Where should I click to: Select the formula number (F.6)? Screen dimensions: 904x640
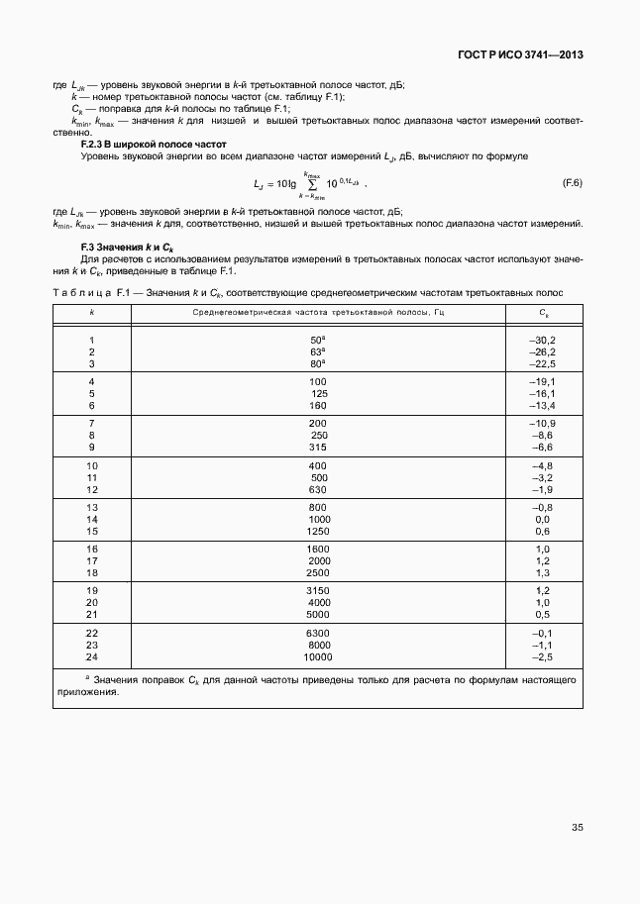coord(572,183)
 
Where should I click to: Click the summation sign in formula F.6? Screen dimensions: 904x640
coord(312,184)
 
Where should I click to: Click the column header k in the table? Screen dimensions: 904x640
coord(92,312)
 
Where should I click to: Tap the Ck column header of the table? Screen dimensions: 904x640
coord(544,312)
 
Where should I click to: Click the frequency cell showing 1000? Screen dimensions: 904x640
coord(318,519)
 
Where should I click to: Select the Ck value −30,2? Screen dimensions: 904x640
coord(543,340)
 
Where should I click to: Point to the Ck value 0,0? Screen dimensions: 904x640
coord(543,519)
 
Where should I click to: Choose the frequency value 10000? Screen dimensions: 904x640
coord(318,656)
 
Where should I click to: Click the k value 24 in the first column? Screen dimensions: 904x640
coord(92,656)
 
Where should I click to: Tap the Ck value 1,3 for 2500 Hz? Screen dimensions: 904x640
coord(543,573)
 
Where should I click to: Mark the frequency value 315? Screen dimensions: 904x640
coord(318,447)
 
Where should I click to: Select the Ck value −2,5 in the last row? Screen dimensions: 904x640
coord(543,656)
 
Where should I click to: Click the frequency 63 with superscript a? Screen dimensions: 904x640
coord(318,351)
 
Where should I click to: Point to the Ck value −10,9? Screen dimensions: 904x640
coord(543,423)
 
